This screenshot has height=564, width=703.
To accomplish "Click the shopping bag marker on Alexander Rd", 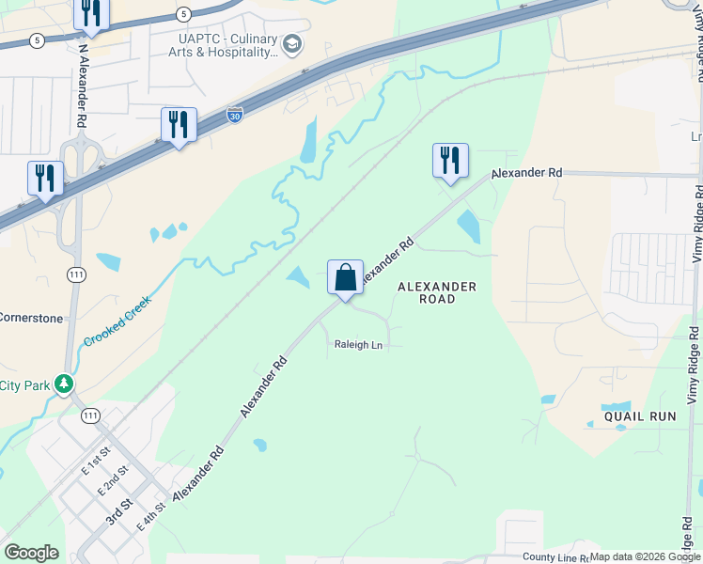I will [x=345, y=278].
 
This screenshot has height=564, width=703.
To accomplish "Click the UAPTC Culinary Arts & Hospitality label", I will [x=228, y=45].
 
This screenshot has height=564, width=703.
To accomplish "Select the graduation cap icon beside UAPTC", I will [x=292, y=43].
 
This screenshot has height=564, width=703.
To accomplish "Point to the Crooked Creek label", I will [x=117, y=321].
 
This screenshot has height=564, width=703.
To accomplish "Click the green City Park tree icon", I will [x=63, y=384].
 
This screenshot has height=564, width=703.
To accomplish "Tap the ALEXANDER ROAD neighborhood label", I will [x=437, y=292].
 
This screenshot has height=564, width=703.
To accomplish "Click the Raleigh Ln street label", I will [x=358, y=345].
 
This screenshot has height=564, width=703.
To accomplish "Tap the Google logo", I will [x=31, y=553].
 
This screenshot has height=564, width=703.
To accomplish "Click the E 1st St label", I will [x=97, y=462].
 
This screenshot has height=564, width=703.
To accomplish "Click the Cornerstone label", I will [x=31, y=318].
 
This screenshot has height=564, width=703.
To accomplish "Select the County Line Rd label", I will [x=555, y=557].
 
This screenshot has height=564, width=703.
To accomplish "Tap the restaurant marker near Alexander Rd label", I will [x=450, y=161].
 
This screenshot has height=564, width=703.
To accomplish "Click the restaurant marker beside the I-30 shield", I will [x=179, y=125].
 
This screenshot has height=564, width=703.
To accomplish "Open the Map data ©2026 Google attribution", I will [x=645, y=556].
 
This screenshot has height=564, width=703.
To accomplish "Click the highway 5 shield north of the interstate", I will [x=182, y=13].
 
